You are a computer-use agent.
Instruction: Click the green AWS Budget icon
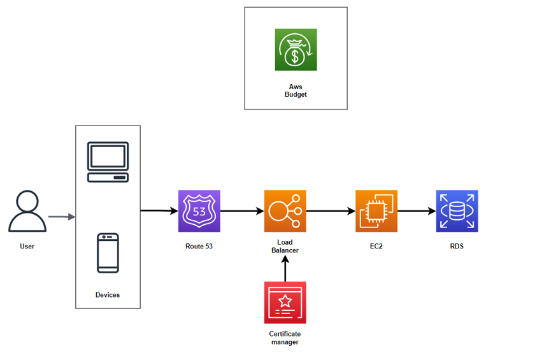point(296,50)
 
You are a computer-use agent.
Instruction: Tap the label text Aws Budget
point(296,90)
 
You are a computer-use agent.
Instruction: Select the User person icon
point(27,212)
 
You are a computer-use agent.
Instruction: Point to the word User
point(27,246)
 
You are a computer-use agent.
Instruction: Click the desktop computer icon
point(108,162)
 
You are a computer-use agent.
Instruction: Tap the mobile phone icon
point(108,253)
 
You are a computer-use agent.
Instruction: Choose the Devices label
point(108,295)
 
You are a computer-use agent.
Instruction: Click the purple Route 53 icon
point(199,211)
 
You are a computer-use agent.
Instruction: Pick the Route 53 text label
point(199,246)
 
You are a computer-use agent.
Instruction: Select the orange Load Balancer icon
point(285,211)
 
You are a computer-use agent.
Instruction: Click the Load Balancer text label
point(285,246)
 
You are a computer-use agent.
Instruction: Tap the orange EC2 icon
point(376,211)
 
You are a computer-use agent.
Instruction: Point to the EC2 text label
point(376,246)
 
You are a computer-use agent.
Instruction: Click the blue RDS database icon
point(457,211)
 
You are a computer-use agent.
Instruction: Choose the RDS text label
point(457,246)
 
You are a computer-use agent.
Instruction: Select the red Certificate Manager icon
point(285,303)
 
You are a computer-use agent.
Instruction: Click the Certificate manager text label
point(285,338)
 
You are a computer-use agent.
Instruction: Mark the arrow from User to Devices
point(62,217)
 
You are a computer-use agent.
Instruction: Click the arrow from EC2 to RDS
point(417,211)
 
